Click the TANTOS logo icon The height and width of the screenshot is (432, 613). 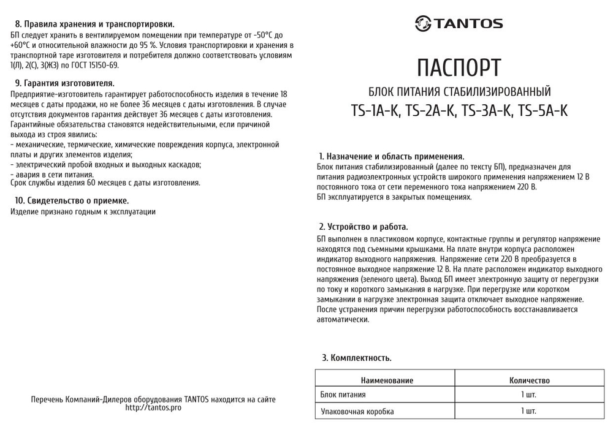click(x=424, y=24)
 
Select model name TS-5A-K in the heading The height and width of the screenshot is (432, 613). click(x=543, y=111)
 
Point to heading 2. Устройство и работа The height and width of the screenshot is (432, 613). click(x=364, y=227)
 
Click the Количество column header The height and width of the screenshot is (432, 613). click(x=529, y=381)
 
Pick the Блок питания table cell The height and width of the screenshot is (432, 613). click(x=343, y=395)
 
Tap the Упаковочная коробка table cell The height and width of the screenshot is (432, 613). click(x=357, y=411)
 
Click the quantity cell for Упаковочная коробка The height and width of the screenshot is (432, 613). click(x=528, y=411)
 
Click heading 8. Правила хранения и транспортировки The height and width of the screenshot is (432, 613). click(x=94, y=25)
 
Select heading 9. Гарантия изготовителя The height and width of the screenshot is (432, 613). click(x=64, y=83)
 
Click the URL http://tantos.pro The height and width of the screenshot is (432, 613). click(x=153, y=407)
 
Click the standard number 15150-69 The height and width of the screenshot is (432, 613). click(x=102, y=65)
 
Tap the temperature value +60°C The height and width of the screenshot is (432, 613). click(x=22, y=45)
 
